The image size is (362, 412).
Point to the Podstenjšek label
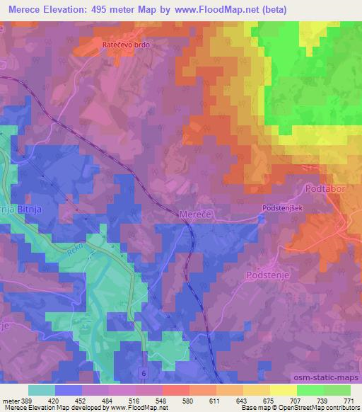click(x=282, y=209)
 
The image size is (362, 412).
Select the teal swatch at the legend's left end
click(x=42, y=390)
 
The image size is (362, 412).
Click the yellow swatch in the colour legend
click(x=282, y=390)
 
